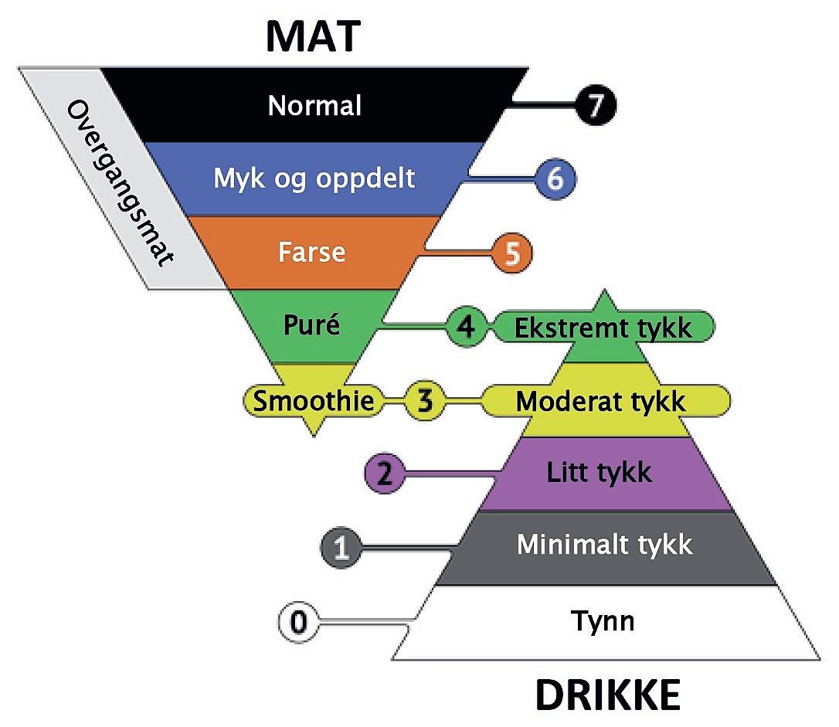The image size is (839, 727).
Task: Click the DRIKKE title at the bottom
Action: [607, 695]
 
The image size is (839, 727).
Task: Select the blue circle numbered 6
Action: [554, 178]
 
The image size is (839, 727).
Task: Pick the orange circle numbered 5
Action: [511, 253]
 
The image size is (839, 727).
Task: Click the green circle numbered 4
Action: [466, 327]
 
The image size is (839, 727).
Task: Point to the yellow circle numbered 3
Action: [425, 401]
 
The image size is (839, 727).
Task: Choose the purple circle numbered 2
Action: [384, 474]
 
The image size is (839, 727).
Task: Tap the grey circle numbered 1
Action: [341, 548]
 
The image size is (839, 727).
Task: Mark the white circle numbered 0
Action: [300, 622]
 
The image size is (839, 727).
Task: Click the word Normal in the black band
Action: [314, 105]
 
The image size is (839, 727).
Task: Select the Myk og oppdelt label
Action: [314, 178]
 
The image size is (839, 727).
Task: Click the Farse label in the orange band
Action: [311, 253]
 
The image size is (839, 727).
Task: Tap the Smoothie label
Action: [314, 401]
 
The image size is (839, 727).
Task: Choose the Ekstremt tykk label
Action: [603, 327]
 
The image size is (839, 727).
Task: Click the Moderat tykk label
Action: [601, 401]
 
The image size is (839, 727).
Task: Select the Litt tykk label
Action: [600, 472]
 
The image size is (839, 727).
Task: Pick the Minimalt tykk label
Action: [604, 545]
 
